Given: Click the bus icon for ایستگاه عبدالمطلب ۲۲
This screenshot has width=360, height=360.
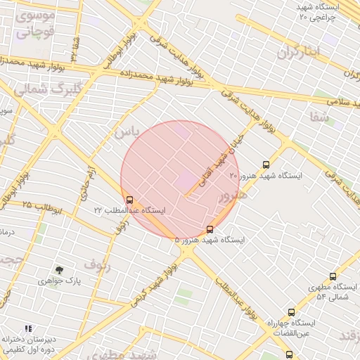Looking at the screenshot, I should point(129,200).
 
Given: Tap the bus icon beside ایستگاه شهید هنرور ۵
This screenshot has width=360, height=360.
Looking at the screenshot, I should point(210,229).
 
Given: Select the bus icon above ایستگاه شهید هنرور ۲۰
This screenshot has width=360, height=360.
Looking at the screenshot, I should point(264,165).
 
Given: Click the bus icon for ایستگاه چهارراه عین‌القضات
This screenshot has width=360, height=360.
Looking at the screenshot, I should point(291,312).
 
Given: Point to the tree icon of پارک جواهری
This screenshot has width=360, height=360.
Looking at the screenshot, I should point(59,269).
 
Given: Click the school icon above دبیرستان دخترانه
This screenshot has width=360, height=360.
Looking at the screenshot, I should point(29,328).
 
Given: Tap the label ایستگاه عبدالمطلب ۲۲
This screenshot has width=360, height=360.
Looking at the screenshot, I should point(129,210).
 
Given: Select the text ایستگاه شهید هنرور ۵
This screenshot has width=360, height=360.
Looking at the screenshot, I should point(210,240).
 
